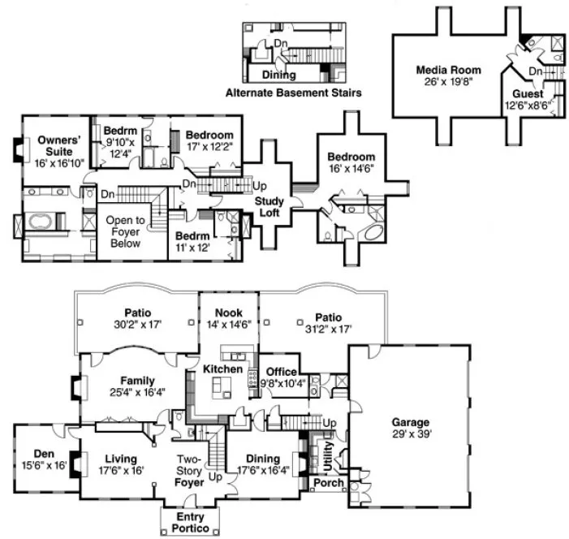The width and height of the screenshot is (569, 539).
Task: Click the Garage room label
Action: [410, 422]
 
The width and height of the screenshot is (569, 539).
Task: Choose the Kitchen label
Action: [223, 369]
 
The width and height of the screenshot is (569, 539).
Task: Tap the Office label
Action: [282, 372]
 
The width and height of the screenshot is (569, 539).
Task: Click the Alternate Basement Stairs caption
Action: [294, 93]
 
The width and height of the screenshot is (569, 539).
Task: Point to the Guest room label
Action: [528, 93]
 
